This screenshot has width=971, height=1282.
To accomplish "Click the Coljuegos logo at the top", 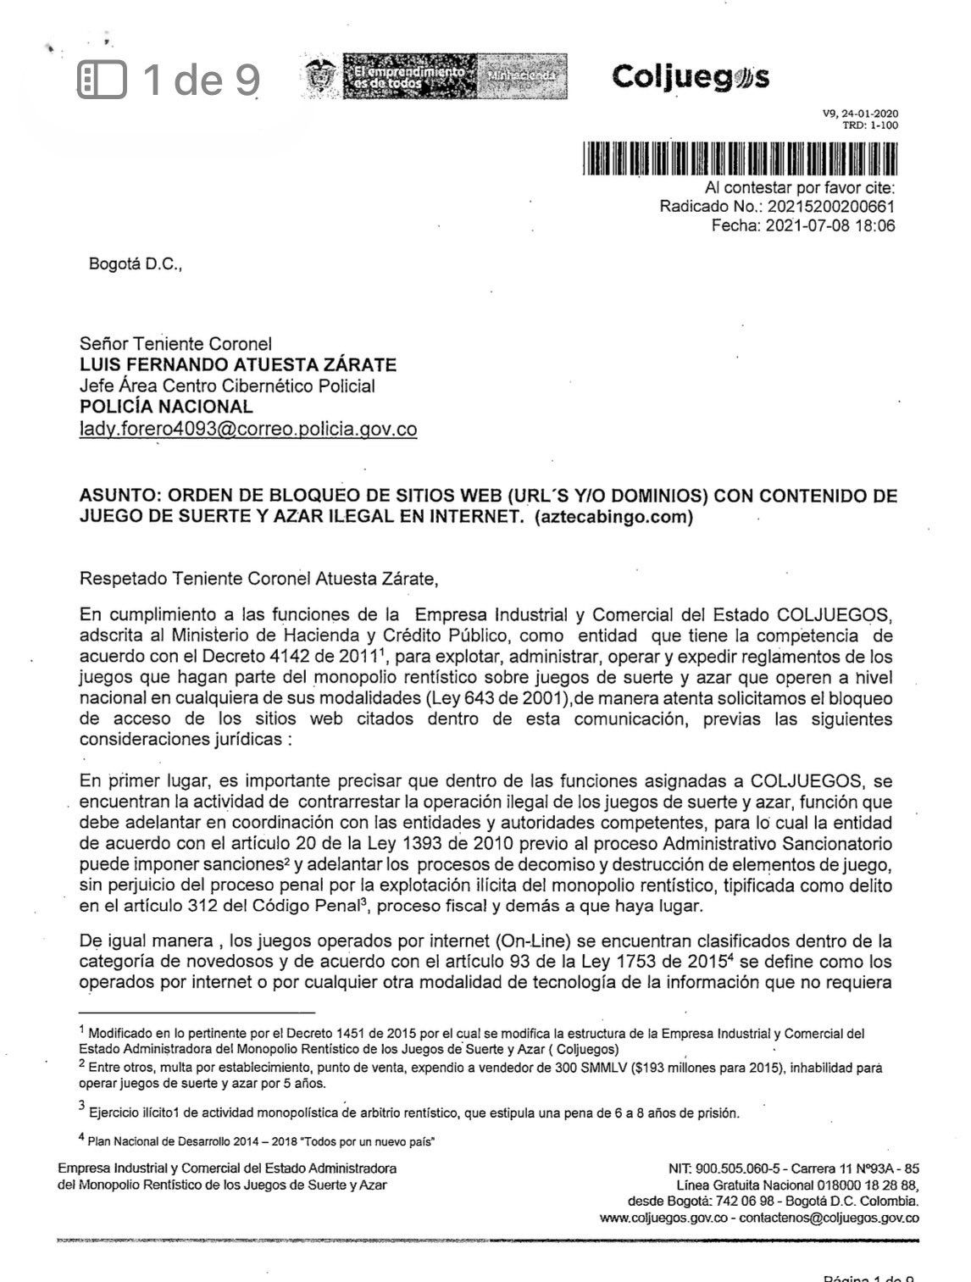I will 690,77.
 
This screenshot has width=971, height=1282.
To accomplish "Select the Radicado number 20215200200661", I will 830,207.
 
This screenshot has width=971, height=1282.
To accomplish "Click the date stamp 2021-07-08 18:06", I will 830,226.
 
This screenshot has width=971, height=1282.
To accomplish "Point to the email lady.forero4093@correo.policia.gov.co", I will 247,429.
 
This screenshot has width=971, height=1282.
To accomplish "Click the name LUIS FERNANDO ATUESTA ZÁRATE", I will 237,365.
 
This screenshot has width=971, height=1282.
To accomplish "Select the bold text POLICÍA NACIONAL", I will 165,408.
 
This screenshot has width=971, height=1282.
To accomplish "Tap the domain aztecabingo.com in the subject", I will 613,517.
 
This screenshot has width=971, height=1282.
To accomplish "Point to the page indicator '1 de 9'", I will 201,80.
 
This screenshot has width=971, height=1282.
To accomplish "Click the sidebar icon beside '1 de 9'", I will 102,80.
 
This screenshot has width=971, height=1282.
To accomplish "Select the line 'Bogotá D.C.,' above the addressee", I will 135,264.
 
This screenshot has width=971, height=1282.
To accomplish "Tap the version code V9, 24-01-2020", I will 860,114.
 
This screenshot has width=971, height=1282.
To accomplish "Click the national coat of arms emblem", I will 319,77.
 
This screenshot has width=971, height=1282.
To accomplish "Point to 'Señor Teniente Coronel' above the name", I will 175,344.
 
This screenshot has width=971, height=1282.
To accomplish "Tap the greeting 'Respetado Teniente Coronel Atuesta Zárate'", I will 258,580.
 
